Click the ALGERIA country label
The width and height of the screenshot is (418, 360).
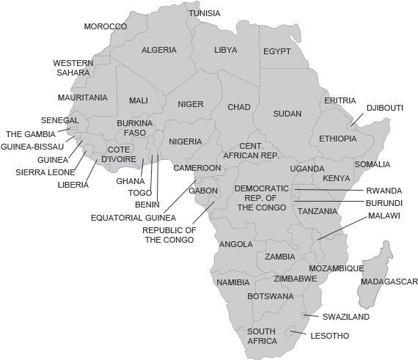click(158, 50)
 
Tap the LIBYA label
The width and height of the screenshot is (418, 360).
click(226, 50)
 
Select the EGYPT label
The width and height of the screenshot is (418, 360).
click(277, 51)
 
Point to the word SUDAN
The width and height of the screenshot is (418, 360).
click(287, 114)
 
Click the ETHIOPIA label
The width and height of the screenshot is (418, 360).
click(337, 139)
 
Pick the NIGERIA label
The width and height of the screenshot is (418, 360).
click(186, 142)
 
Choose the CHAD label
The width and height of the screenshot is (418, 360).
click(238, 107)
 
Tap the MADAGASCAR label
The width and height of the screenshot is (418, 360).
click(389, 282)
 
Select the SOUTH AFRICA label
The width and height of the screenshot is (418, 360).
click(262, 336)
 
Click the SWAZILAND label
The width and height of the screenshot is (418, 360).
click(345, 317)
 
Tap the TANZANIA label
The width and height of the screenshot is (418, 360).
click(318, 210)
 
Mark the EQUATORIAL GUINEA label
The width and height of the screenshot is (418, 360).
click(133, 218)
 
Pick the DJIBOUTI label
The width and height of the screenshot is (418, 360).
click(385, 108)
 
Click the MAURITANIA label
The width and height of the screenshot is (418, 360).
click(82, 97)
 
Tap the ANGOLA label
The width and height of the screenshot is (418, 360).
click(236, 244)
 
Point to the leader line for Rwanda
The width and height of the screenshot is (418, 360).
click(330, 190)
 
